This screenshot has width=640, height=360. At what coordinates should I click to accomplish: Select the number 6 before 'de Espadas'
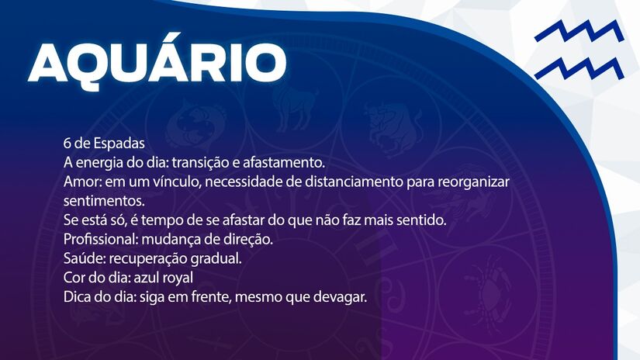point(67,144)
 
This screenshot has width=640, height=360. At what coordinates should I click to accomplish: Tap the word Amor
point(80,182)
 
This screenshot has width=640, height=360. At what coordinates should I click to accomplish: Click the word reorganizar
point(474,182)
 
